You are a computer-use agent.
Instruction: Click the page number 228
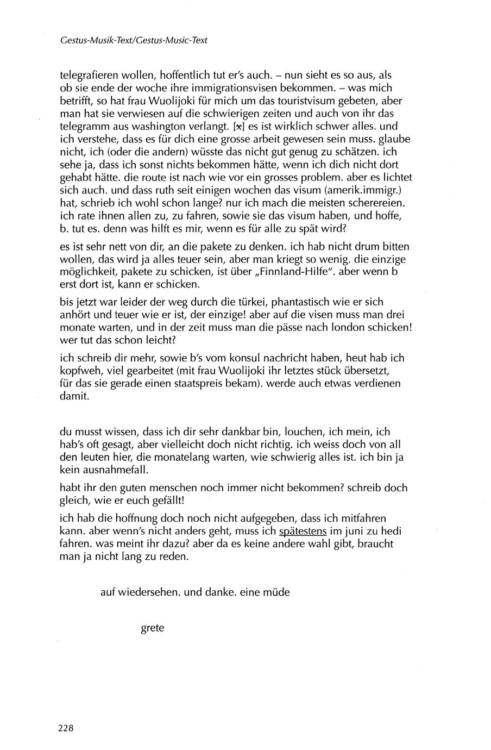click(66, 728)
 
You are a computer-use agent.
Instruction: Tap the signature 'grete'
click(153, 628)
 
